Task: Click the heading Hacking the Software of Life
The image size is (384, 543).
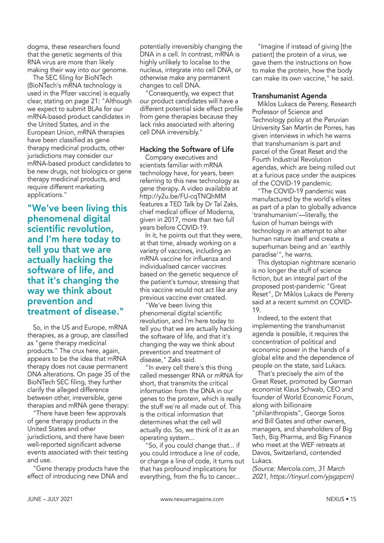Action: (x=187, y=150)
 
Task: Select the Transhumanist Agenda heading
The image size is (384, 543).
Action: (x=289, y=96)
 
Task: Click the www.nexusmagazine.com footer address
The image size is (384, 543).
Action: (x=192, y=499)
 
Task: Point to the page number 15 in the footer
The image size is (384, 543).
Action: (x=353, y=499)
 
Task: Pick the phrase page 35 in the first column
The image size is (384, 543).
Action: (x=112, y=374)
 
